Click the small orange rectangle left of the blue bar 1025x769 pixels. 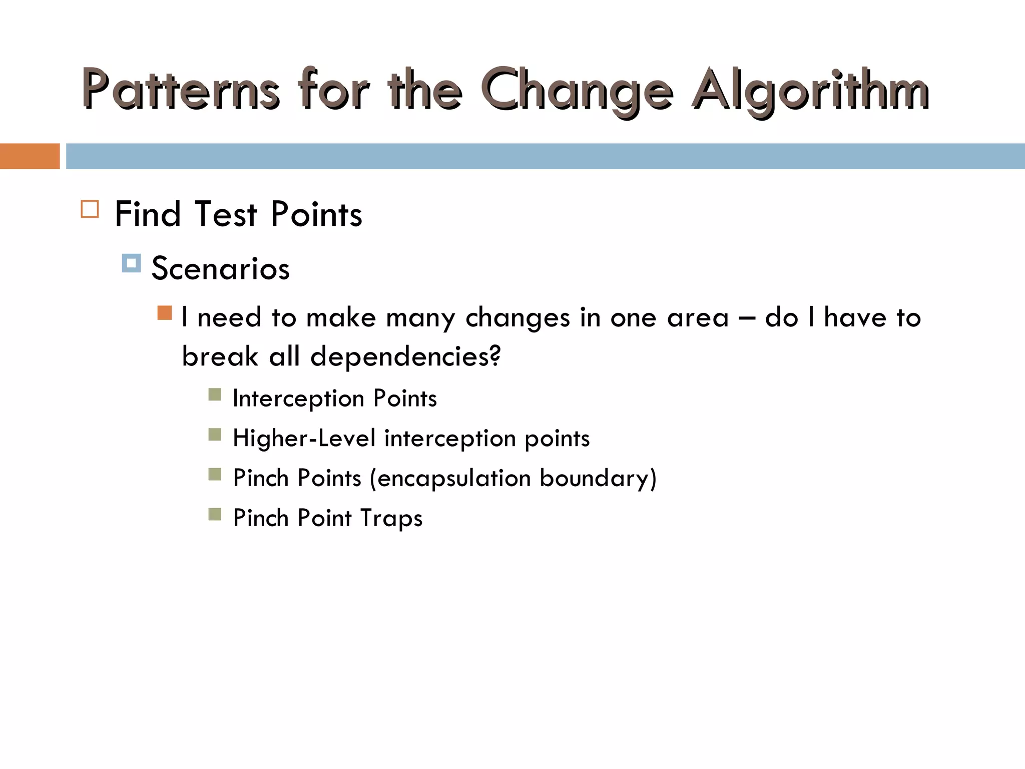click(30, 156)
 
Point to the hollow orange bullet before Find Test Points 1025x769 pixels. click(90, 209)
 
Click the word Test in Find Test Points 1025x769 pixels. click(226, 214)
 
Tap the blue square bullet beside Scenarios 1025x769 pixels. click(131, 263)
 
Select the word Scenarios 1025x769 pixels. click(220, 268)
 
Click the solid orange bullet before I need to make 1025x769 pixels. click(164, 313)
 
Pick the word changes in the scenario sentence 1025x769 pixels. click(518, 318)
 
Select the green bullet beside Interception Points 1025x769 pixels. click(215, 395)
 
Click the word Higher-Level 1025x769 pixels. click(304, 439)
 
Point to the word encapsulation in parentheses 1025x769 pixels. click(453, 479)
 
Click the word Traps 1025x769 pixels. click(391, 518)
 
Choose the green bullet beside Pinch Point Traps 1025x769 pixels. click(215, 514)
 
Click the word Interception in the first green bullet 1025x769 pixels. click(298, 399)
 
